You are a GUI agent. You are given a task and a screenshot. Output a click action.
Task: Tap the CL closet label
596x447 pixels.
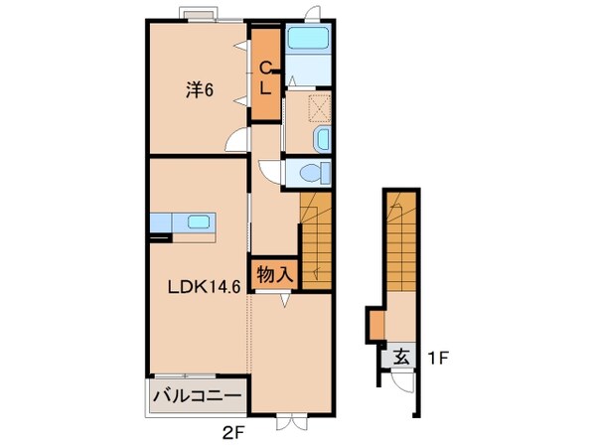point(265,76)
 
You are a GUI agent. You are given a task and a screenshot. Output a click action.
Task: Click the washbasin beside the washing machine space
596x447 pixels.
point(323,138)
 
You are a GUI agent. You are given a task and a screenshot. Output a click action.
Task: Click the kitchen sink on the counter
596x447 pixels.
point(195,222)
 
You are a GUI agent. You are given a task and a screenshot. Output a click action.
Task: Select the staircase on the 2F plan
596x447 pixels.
point(315,238)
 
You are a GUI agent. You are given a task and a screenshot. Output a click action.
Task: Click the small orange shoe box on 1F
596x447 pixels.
point(373,324)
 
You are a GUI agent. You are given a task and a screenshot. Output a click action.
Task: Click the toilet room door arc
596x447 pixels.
point(270,169)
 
